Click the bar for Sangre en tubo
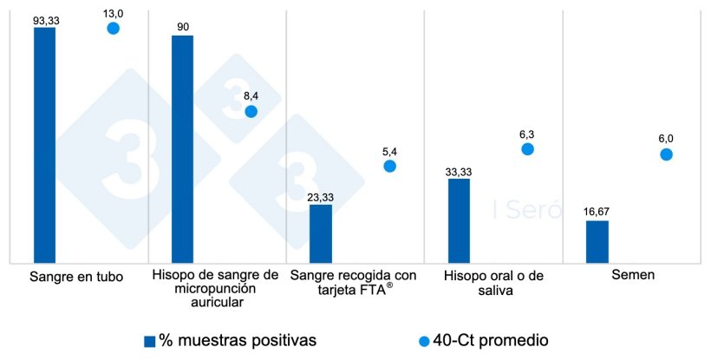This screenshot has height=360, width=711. [44, 145]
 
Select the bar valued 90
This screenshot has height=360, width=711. [182, 148]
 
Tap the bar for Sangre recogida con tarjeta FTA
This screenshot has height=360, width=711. [321, 233]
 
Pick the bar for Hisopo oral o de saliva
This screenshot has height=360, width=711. [459, 220]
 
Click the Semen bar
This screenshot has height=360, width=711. [597, 241]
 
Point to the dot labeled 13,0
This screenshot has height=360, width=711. [113, 29]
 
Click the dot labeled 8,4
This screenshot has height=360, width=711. [251, 111]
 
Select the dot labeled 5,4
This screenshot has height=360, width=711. [389, 166]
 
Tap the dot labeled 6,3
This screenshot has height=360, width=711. [527, 149]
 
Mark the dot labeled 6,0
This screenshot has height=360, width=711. [666, 154]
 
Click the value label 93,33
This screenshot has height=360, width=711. [45, 19]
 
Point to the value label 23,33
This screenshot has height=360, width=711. [320, 197]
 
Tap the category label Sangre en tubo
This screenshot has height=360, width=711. [76, 277]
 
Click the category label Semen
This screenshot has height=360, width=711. [631, 277]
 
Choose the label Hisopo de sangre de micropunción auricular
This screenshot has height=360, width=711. [215, 290]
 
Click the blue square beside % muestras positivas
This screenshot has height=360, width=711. [149, 341]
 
